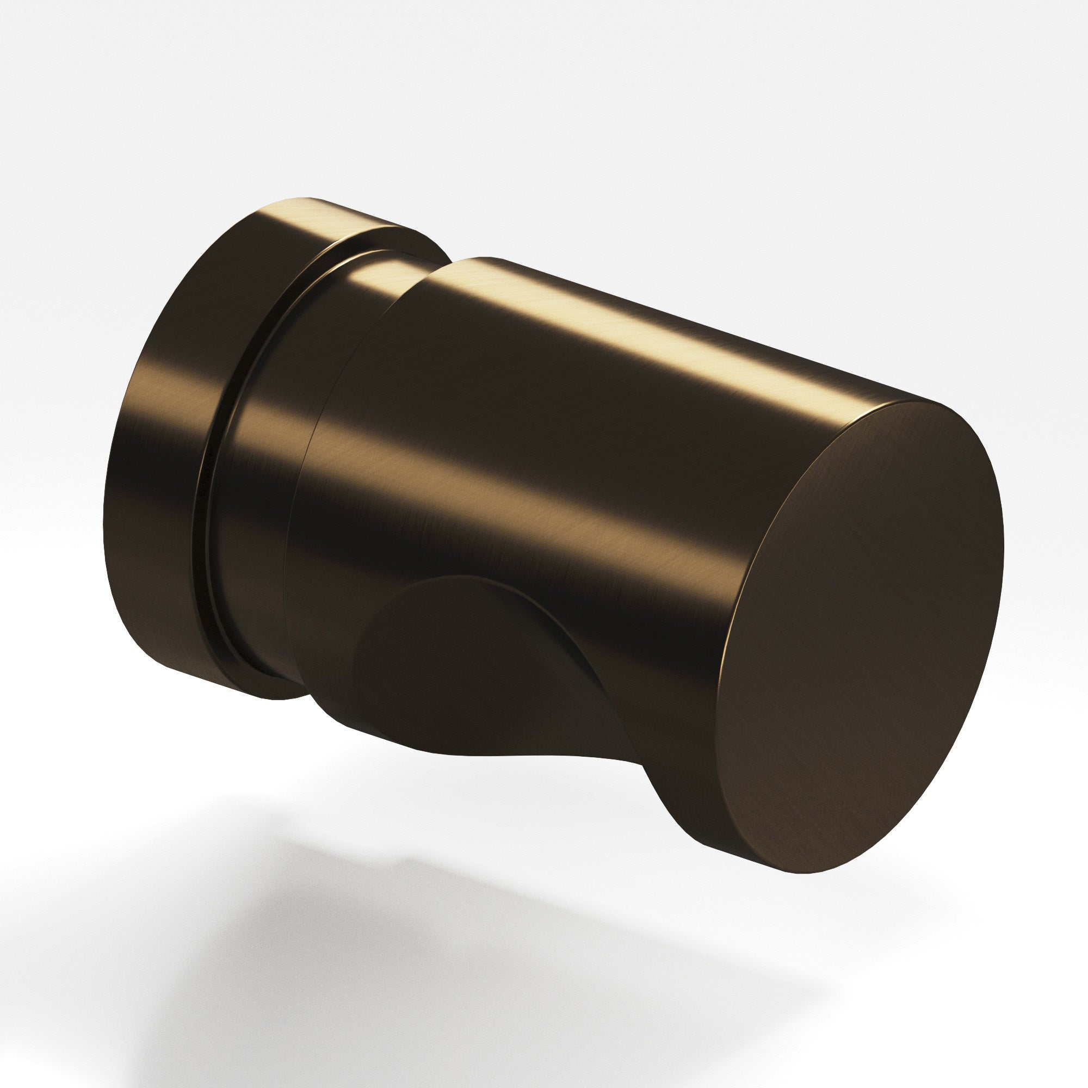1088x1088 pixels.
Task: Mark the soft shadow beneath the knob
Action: (450, 957)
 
